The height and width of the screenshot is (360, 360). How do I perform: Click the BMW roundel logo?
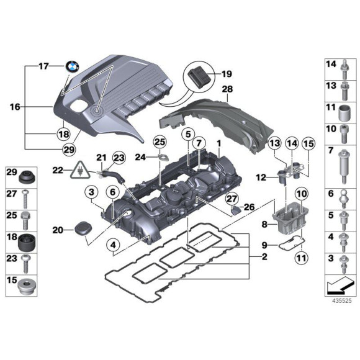tap(73, 66)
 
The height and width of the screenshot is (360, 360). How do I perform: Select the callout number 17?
tap(43, 66)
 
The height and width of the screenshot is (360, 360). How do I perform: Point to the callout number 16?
tap(14, 107)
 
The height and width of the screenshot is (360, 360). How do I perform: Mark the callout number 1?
tap(218, 143)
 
